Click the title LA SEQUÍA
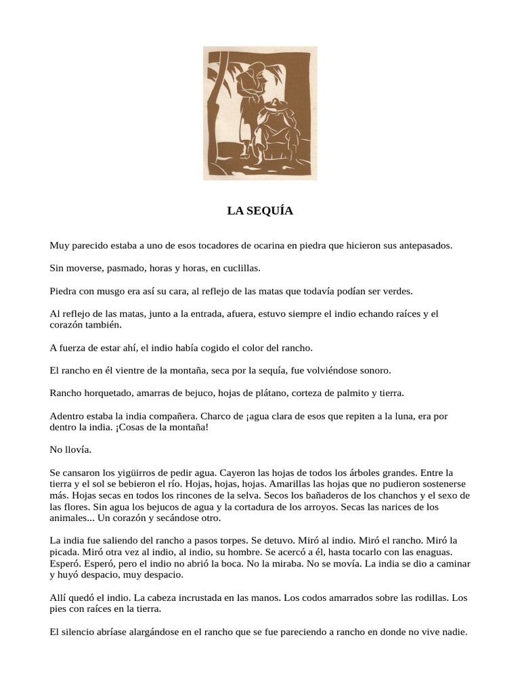point(260,211)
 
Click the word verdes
point(397,291)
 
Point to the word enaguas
point(448,552)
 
